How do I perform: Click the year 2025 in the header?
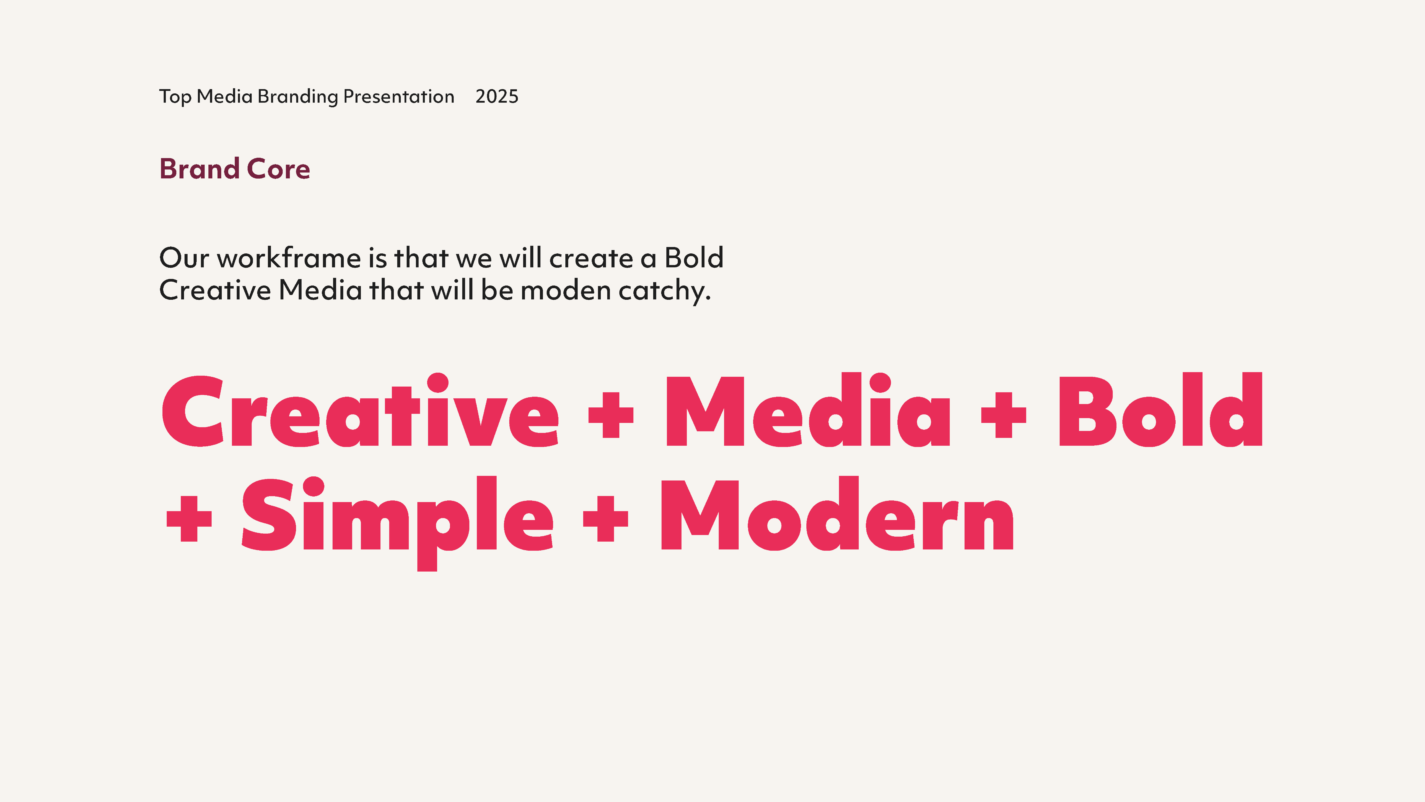pyautogui.click(x=497, y=96)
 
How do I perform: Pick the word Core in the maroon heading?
pyautogui.click(x=278, y=169)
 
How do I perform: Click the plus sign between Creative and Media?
pyautogui.click(x=611, y=415)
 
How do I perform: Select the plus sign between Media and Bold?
pyautogui.click(x=1004, y=415)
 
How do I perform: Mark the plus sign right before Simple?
pyautogui.click(x=189, y=519)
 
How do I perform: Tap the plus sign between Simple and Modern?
pyautogui.click(x=606, y=519)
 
